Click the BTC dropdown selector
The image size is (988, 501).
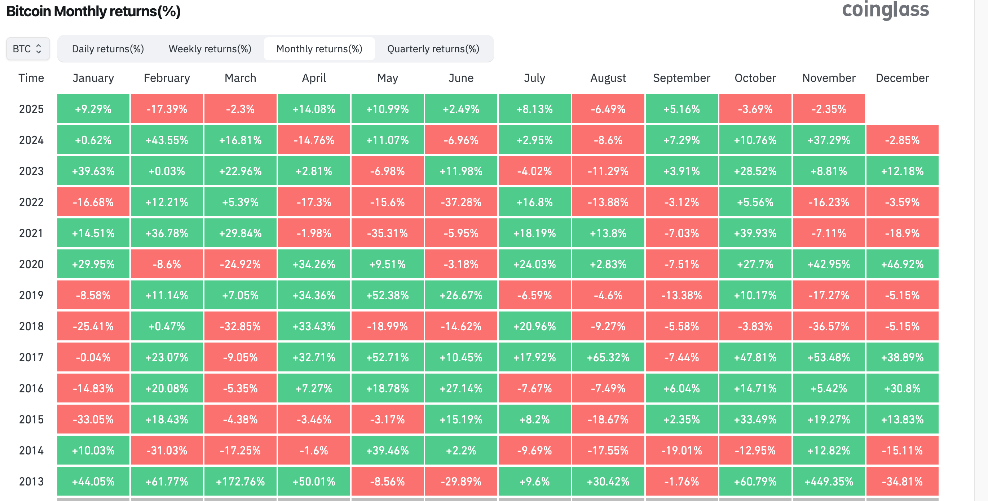coord(28,49)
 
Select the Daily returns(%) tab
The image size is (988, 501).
coord(108,49)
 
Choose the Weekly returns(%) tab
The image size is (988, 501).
coord(210,49)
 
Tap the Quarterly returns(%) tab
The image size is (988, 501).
coord(433,49)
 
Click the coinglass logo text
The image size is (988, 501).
coord(885,10)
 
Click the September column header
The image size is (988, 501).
coord(682,78)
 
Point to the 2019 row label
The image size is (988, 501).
coord(31,295)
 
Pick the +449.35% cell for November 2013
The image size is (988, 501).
coord(829,482)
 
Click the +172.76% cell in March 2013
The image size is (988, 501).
coord(240,482)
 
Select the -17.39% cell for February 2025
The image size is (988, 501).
coord(167,109)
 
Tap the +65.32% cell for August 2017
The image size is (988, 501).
coord(608,357)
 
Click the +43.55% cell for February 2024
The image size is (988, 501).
coord(167,140)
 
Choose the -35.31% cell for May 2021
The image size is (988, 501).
coord(387,234)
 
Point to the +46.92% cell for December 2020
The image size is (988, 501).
coord(902,265)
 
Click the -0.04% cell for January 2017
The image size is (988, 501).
coord(93,357)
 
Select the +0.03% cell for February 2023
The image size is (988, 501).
coord(167,171)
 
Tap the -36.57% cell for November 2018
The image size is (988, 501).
coord(829,326)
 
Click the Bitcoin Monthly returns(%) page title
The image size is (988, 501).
coord(94,12)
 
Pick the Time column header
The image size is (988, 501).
coord(31,78)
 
